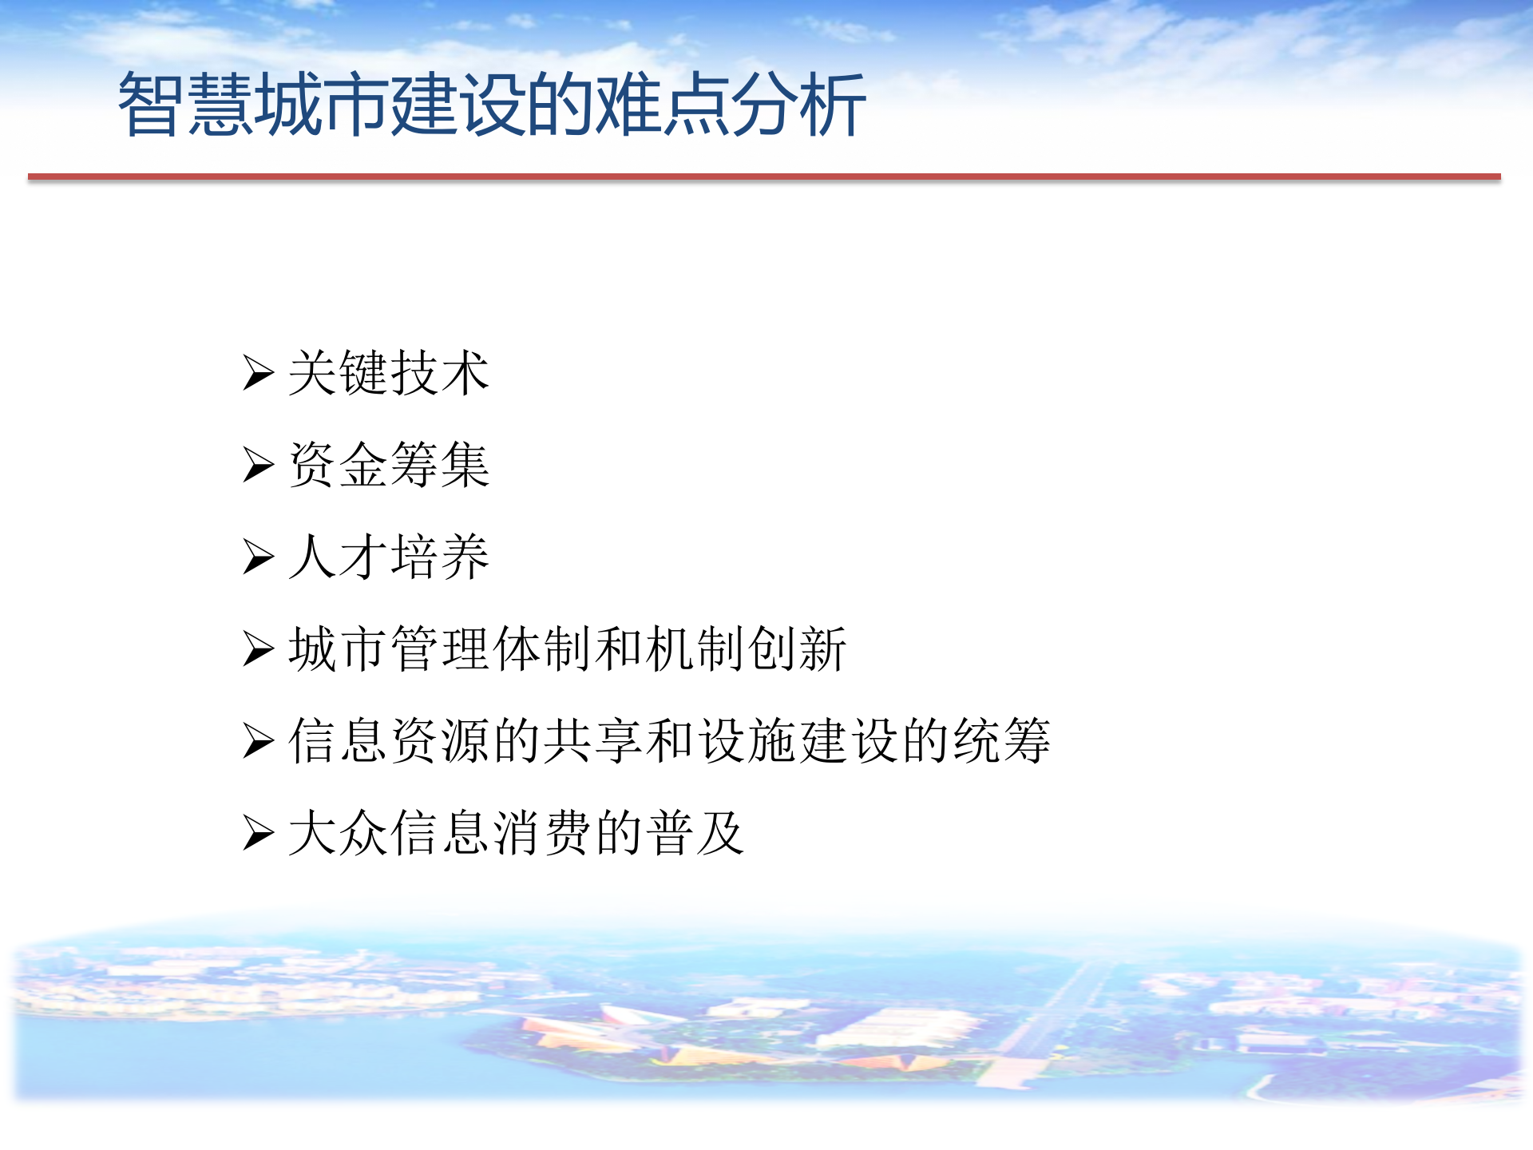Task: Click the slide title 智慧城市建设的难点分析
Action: tap(492, 105)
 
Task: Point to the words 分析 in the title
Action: tap(798, 105)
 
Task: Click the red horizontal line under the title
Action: tap(764, 176)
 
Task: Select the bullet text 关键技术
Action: tap(389, 373)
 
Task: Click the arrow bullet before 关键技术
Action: tap(258, 373)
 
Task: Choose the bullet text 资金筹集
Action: tap(389, 465)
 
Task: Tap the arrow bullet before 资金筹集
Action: tap(258, 465)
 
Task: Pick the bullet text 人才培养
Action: tap(389, 557)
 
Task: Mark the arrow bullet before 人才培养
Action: tap(258, 557)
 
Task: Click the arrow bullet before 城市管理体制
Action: tap(258, 648)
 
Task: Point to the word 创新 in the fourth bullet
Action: tap(798, 648)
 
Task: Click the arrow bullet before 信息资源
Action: tap(258, 740)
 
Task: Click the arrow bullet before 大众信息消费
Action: tap(258, 833)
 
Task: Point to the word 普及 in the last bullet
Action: tap(695, 833)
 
